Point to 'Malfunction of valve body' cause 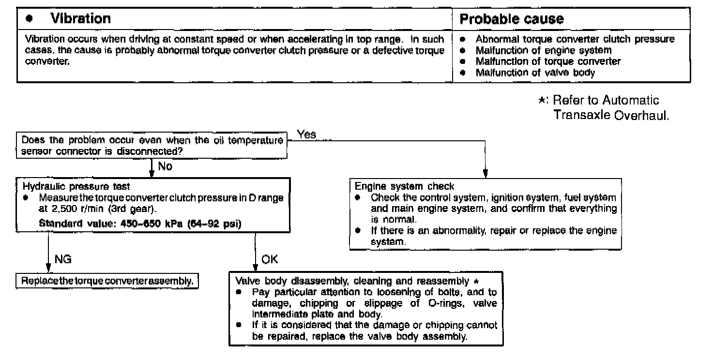click(535, 73)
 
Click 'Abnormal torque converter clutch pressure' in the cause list click(575, 39)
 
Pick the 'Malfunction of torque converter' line click(548, 61)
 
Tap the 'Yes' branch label click(306, 135)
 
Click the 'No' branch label click(165, 166)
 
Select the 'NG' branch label click(63, 259)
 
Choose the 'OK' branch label click(270, 259)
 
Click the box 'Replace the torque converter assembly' click(107, 281)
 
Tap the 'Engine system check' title click(405, 186)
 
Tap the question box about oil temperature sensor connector click(152, 146)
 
